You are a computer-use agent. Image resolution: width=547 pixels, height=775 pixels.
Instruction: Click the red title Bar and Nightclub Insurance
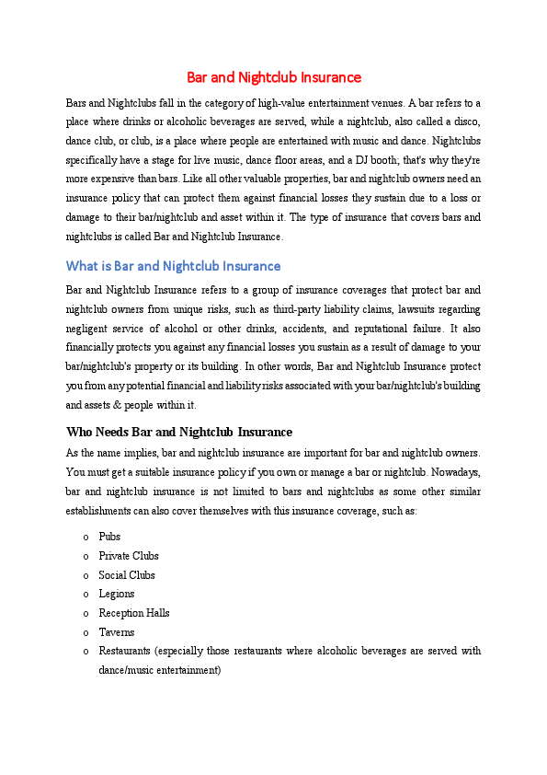274,77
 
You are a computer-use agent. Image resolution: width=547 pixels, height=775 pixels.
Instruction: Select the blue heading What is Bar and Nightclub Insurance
173,266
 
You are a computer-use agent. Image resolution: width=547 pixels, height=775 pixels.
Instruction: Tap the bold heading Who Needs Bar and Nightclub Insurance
179,432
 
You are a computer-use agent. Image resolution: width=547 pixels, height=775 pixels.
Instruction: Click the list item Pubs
109,537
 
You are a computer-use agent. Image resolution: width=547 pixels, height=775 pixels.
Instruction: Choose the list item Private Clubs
129,556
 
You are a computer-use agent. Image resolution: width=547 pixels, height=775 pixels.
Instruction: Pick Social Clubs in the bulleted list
127,575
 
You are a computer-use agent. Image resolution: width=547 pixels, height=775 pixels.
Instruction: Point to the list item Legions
117,595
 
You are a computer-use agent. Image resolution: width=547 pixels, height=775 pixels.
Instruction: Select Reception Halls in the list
133,613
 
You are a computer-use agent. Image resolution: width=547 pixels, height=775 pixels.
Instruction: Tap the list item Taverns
117,632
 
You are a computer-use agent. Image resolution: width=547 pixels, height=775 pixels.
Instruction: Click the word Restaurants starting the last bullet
125,652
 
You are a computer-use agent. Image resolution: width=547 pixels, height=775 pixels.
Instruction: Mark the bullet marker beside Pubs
85,537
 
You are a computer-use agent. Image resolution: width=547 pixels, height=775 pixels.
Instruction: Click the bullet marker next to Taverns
85,632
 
